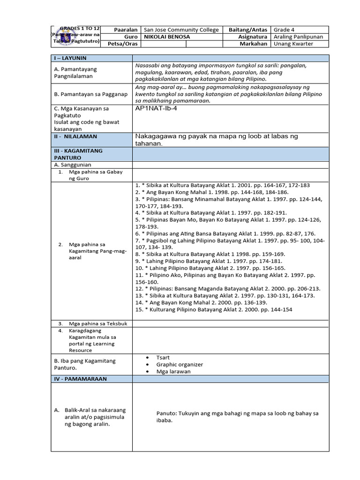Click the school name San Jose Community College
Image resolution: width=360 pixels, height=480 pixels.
[x=181, y=30]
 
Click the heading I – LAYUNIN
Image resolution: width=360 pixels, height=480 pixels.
[x=71, y=58]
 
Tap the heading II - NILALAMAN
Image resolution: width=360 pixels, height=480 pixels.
[x=75, y=136]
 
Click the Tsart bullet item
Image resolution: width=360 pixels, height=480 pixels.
[x=164, y=357]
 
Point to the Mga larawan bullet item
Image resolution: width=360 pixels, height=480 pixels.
[x=173, y=371]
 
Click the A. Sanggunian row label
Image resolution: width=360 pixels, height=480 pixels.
[x=73, y=165]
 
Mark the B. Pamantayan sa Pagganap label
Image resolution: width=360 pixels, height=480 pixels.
[x=90, y=94]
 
